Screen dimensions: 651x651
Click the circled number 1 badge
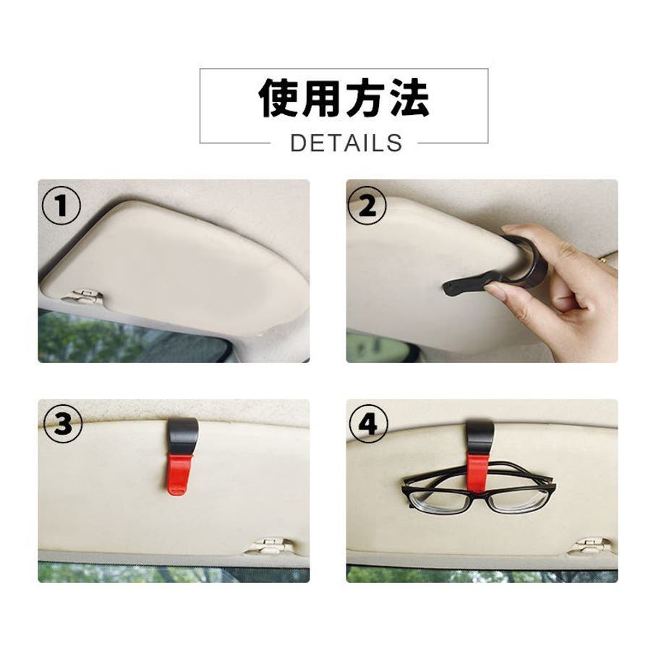pyautogui.click(x=61, y=206)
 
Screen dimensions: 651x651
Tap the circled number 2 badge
pyautogui.click(x=367, y=206)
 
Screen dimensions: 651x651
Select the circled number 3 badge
pyautogui.click(x=63, y=425)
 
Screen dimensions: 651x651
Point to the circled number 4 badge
pyautogui.click(x=369, y=425)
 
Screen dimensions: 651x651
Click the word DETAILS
pyautogui.click(x=346, y=143)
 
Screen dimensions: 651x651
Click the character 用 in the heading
pyautogui.click(x=322, y=98)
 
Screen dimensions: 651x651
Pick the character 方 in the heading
pyautogui.click(x=366, y=98)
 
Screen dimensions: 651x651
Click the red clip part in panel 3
pyautogui.click(x=179, y=475)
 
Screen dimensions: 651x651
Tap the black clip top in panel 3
pyautogui.click(x=181, y=437)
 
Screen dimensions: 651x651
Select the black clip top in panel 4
pyautogui.click(x=479, y=437)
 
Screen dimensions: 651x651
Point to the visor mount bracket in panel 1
pyautogui.click(x=84, y=295)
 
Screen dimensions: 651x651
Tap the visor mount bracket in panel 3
pyautogui.click(x=269, y=545)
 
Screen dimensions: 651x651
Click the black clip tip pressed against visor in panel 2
pyautogui.click(x=453, y=288)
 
